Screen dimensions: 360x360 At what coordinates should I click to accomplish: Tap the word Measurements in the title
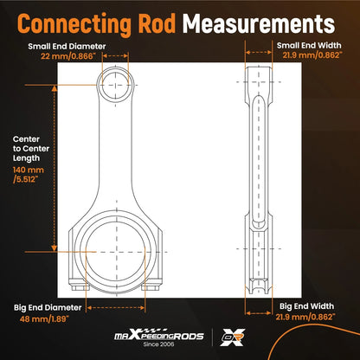click(259, 23)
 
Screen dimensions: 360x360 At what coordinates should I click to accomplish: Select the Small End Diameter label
click(67, 46)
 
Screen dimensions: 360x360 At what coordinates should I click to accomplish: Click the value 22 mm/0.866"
click(67, 56)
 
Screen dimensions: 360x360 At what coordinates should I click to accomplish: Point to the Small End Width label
click(309, 45)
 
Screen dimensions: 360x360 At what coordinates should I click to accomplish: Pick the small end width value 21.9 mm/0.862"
click(312, 55)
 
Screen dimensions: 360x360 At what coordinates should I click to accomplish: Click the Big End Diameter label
click(48, 307)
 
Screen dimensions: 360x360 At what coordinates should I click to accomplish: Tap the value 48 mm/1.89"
click(44, 319)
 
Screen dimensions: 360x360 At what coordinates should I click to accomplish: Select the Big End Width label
click(306, 306)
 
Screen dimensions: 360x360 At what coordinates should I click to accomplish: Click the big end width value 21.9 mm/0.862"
click(305, 317)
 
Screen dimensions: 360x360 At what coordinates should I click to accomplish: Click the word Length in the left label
click(26, 158)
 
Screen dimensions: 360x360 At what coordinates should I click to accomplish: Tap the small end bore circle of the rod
click(115, 73)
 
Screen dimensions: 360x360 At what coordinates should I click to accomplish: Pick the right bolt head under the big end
click(151, 288)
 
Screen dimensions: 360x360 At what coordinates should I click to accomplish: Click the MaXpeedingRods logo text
click(159, 335)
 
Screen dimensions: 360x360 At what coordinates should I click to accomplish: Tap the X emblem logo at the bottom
click(233, 337)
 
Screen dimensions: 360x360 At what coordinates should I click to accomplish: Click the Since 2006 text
click(159, 344)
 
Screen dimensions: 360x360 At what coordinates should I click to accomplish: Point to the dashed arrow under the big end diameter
click(116, 308)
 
